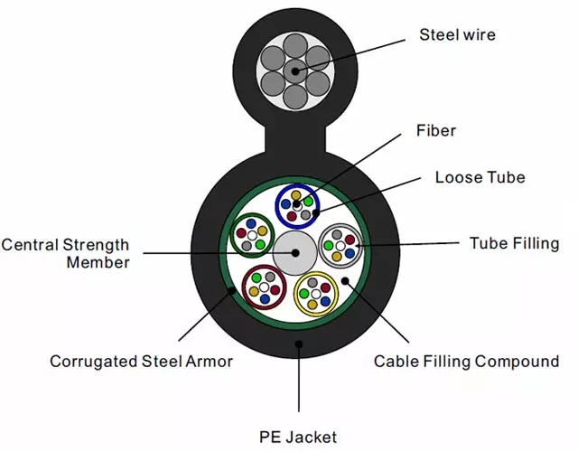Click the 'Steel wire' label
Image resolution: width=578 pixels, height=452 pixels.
click(x=457, y=35)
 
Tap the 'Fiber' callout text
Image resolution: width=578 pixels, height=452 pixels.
click(x=436, y=131)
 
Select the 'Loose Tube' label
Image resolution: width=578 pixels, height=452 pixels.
click(x=480, y=177)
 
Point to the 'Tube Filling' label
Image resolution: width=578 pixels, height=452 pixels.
click(x=510, y=243)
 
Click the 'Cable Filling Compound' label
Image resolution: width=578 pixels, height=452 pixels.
click(x=467, y=362)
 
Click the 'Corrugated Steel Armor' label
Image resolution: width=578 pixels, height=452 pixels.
click(x=141, y=362)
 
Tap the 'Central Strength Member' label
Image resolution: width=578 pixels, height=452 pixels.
click(x=65, y=253)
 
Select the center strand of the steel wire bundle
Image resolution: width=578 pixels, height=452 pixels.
click(x=294, y=71)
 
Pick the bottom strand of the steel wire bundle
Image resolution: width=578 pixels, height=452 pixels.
click(x=294, y=95)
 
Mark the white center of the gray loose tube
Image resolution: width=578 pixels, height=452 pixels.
click(x=340, y=245)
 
